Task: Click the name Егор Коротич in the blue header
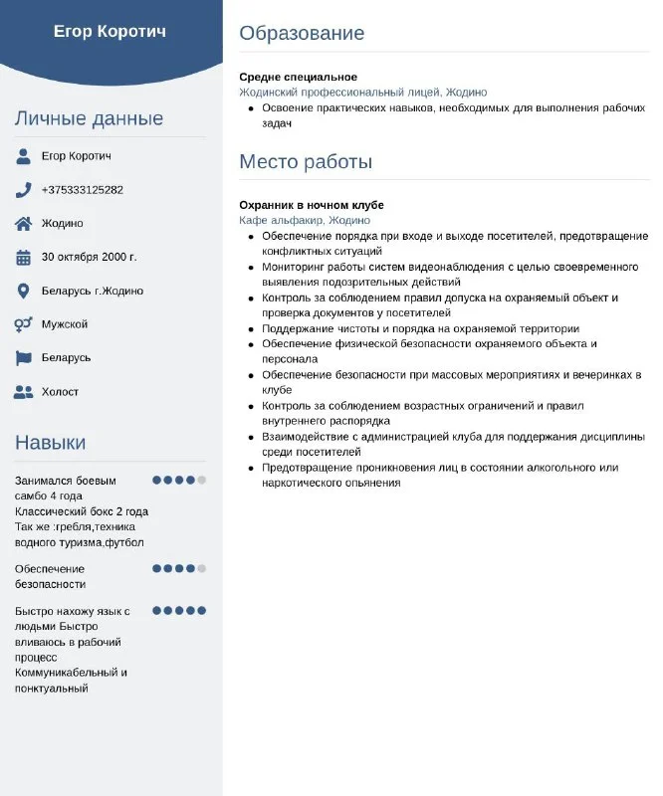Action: tap(110, 31)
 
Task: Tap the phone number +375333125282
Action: tap(83, 190)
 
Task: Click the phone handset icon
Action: tap(24, 189)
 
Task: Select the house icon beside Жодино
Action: tap(24, 223)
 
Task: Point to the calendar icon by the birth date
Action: tap(24, 257)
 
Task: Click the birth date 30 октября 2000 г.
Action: tap(89, 257)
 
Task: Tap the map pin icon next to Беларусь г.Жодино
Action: tap(24, 291)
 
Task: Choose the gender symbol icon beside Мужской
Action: tap(24, 324)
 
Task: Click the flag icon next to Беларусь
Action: tap(24, 357)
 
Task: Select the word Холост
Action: tap(60, 392)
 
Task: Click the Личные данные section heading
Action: tap(89, 118)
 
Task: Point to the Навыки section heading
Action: tap(50, 443)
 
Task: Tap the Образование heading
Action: tap(302, 33)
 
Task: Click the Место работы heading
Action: tap(306, 161)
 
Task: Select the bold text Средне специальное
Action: tap(298, 77)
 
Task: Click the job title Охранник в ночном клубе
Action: tap(312, 205)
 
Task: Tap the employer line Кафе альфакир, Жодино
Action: tap(305, 220)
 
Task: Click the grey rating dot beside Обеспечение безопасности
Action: tap(201, 568)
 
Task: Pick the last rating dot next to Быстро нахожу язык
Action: tap(201, 610)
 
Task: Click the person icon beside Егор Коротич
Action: tap(24, 156)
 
